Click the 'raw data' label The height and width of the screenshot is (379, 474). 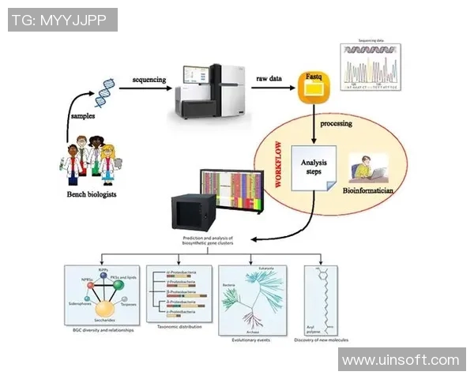tap(272, 80)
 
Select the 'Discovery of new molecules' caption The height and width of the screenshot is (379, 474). tap(322, 340)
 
